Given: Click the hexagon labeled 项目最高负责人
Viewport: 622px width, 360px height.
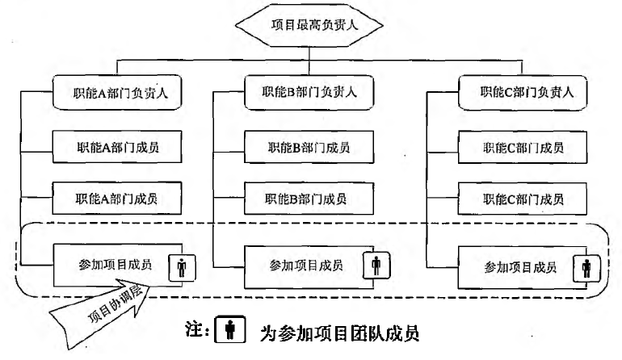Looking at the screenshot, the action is pos(309,25).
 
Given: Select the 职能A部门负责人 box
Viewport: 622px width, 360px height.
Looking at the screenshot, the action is pos(117,93).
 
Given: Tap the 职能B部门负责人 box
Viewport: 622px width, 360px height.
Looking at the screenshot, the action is pos(309,92).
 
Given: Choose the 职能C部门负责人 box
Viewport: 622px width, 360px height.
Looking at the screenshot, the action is pos(523,92).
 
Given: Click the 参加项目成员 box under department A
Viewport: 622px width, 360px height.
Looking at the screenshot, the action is pos(117,265).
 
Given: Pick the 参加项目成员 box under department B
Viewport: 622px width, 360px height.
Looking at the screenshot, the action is pos(309,267).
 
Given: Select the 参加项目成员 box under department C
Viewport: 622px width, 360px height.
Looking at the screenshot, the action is pos(523,268).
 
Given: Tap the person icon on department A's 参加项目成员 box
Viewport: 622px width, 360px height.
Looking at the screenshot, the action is pos(182,268).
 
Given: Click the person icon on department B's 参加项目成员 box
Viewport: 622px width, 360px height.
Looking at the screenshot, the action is pos(376,266).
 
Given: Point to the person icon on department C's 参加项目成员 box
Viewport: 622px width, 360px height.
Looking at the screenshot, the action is pos(586,269).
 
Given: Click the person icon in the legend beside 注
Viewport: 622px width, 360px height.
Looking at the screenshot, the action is pos(230,329).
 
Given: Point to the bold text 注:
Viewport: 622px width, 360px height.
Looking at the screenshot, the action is pos(197,329).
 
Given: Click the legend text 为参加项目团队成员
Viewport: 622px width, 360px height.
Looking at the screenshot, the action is pos(339,333).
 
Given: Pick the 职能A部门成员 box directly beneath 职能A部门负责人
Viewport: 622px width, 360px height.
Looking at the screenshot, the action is pos(117,147).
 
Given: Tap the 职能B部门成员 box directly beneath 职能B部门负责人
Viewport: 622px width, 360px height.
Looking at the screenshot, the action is pos(309,147).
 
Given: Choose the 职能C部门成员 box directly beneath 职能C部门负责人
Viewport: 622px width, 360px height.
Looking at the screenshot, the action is pos(523,147).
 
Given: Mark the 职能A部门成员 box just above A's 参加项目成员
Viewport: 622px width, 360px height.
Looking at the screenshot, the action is pos(117,199).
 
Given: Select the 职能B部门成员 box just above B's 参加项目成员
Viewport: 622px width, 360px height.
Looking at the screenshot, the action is pos(309,199).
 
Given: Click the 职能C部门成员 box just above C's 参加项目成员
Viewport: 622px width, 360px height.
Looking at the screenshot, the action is pos(523,199).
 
